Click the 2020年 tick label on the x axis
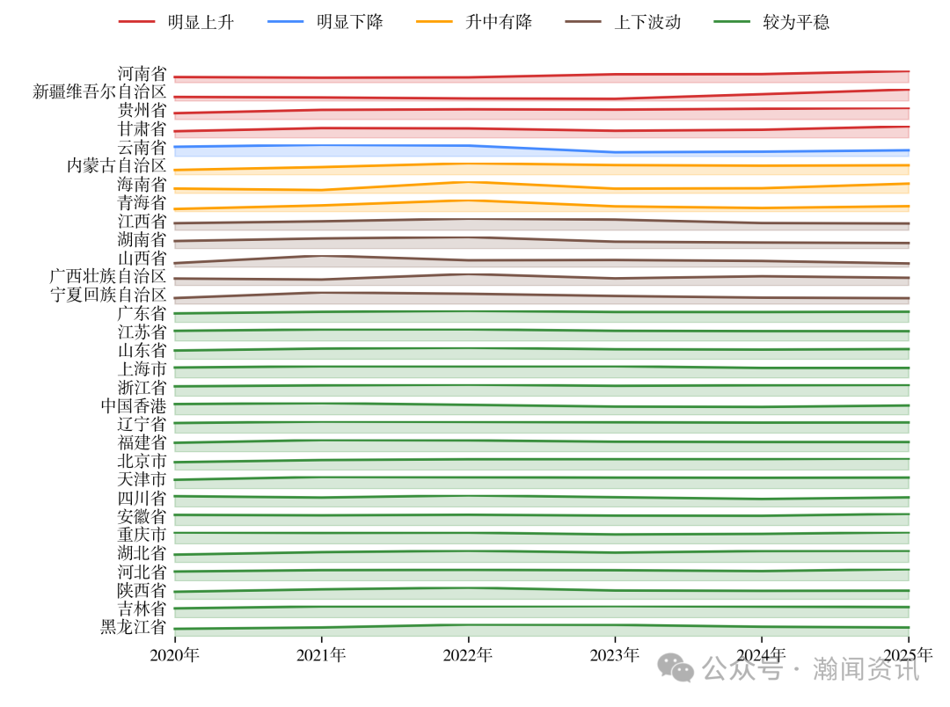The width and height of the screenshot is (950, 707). pos(174,655)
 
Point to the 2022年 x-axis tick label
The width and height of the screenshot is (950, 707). pos(468,655)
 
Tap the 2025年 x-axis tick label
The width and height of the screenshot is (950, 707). pos(908,655)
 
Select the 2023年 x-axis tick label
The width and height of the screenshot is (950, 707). pos(615,655)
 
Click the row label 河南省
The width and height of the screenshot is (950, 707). pos(142,74)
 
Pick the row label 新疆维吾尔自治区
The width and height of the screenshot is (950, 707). pos(99,92)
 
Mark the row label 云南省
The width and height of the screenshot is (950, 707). pos(142,148)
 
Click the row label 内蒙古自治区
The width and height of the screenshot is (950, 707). pos(117,166)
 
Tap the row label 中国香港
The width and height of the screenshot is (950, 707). pos(133,406)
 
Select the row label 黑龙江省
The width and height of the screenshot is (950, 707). pos(133,628)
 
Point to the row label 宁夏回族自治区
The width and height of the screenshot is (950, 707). pos(108,295)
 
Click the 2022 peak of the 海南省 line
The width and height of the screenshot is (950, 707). pos(468,182)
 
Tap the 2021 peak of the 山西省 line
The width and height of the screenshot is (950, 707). pos(321,256)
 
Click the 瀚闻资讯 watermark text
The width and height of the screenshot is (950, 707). pos(866,670)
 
